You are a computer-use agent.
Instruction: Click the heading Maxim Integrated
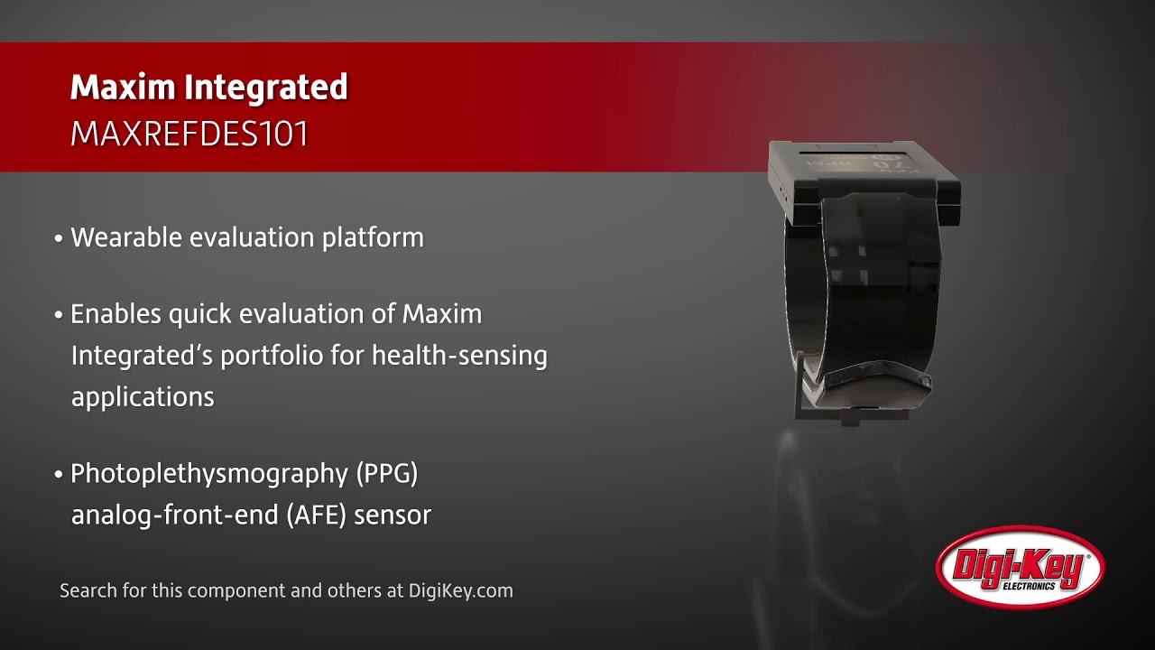point(208,88)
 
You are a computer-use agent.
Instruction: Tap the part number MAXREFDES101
point(189,135)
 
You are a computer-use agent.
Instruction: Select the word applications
point(143,397)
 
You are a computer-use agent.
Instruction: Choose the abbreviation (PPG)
point(387,473)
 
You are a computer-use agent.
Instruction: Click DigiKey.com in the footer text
point(460,591)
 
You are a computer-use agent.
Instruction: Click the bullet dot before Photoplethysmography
point(59,475)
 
